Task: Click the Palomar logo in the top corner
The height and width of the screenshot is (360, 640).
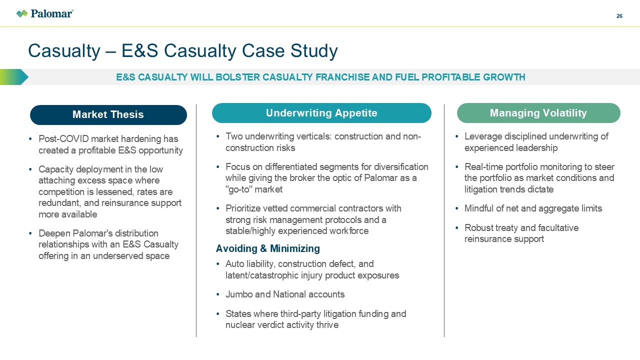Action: [44, 13]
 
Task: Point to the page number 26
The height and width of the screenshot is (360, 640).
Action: [619, 16]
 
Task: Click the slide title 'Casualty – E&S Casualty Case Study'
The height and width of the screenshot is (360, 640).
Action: [183, 51]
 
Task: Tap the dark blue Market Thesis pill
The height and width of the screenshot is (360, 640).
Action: [108, 114]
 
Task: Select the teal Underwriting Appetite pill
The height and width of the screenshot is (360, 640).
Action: [321, 113]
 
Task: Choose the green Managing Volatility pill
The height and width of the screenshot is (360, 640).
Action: [538, 113]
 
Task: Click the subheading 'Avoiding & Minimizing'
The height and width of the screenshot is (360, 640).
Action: [267, 248]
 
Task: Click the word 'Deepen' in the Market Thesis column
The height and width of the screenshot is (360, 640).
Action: [53, 233]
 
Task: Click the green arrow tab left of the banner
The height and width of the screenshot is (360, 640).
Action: [14, 77]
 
